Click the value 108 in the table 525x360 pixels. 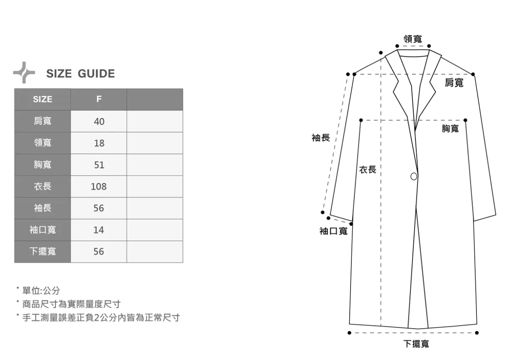coord(99,187)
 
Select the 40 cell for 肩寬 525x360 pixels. coord(99,122)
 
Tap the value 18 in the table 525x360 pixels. coord(99,143)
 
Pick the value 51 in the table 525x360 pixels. coord(99,165)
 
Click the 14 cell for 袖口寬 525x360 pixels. coord(99,230)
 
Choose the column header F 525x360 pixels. coord(99,99)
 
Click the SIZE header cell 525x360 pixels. coord(43,99)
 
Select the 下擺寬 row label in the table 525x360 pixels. coord(43,252)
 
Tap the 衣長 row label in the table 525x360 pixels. coord(43,186)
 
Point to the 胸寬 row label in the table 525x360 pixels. coord(43,165)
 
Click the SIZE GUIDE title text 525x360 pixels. coord(80,74)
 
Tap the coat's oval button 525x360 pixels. coord(414,176)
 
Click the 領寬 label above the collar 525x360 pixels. coord(412,39)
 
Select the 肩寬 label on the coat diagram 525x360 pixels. coord(454,82)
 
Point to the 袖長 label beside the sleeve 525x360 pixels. coord(320,138)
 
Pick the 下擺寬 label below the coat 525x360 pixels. coord(416,344)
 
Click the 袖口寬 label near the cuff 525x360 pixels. coord(333,232)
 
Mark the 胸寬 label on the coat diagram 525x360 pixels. coord(450,128)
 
